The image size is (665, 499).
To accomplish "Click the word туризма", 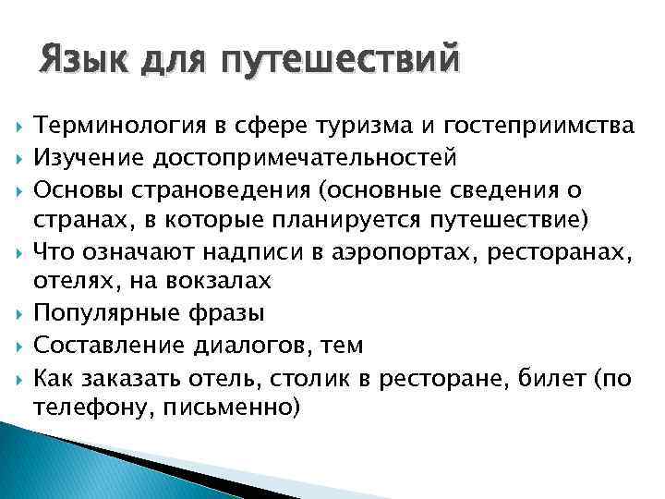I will [x=356, y=126].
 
